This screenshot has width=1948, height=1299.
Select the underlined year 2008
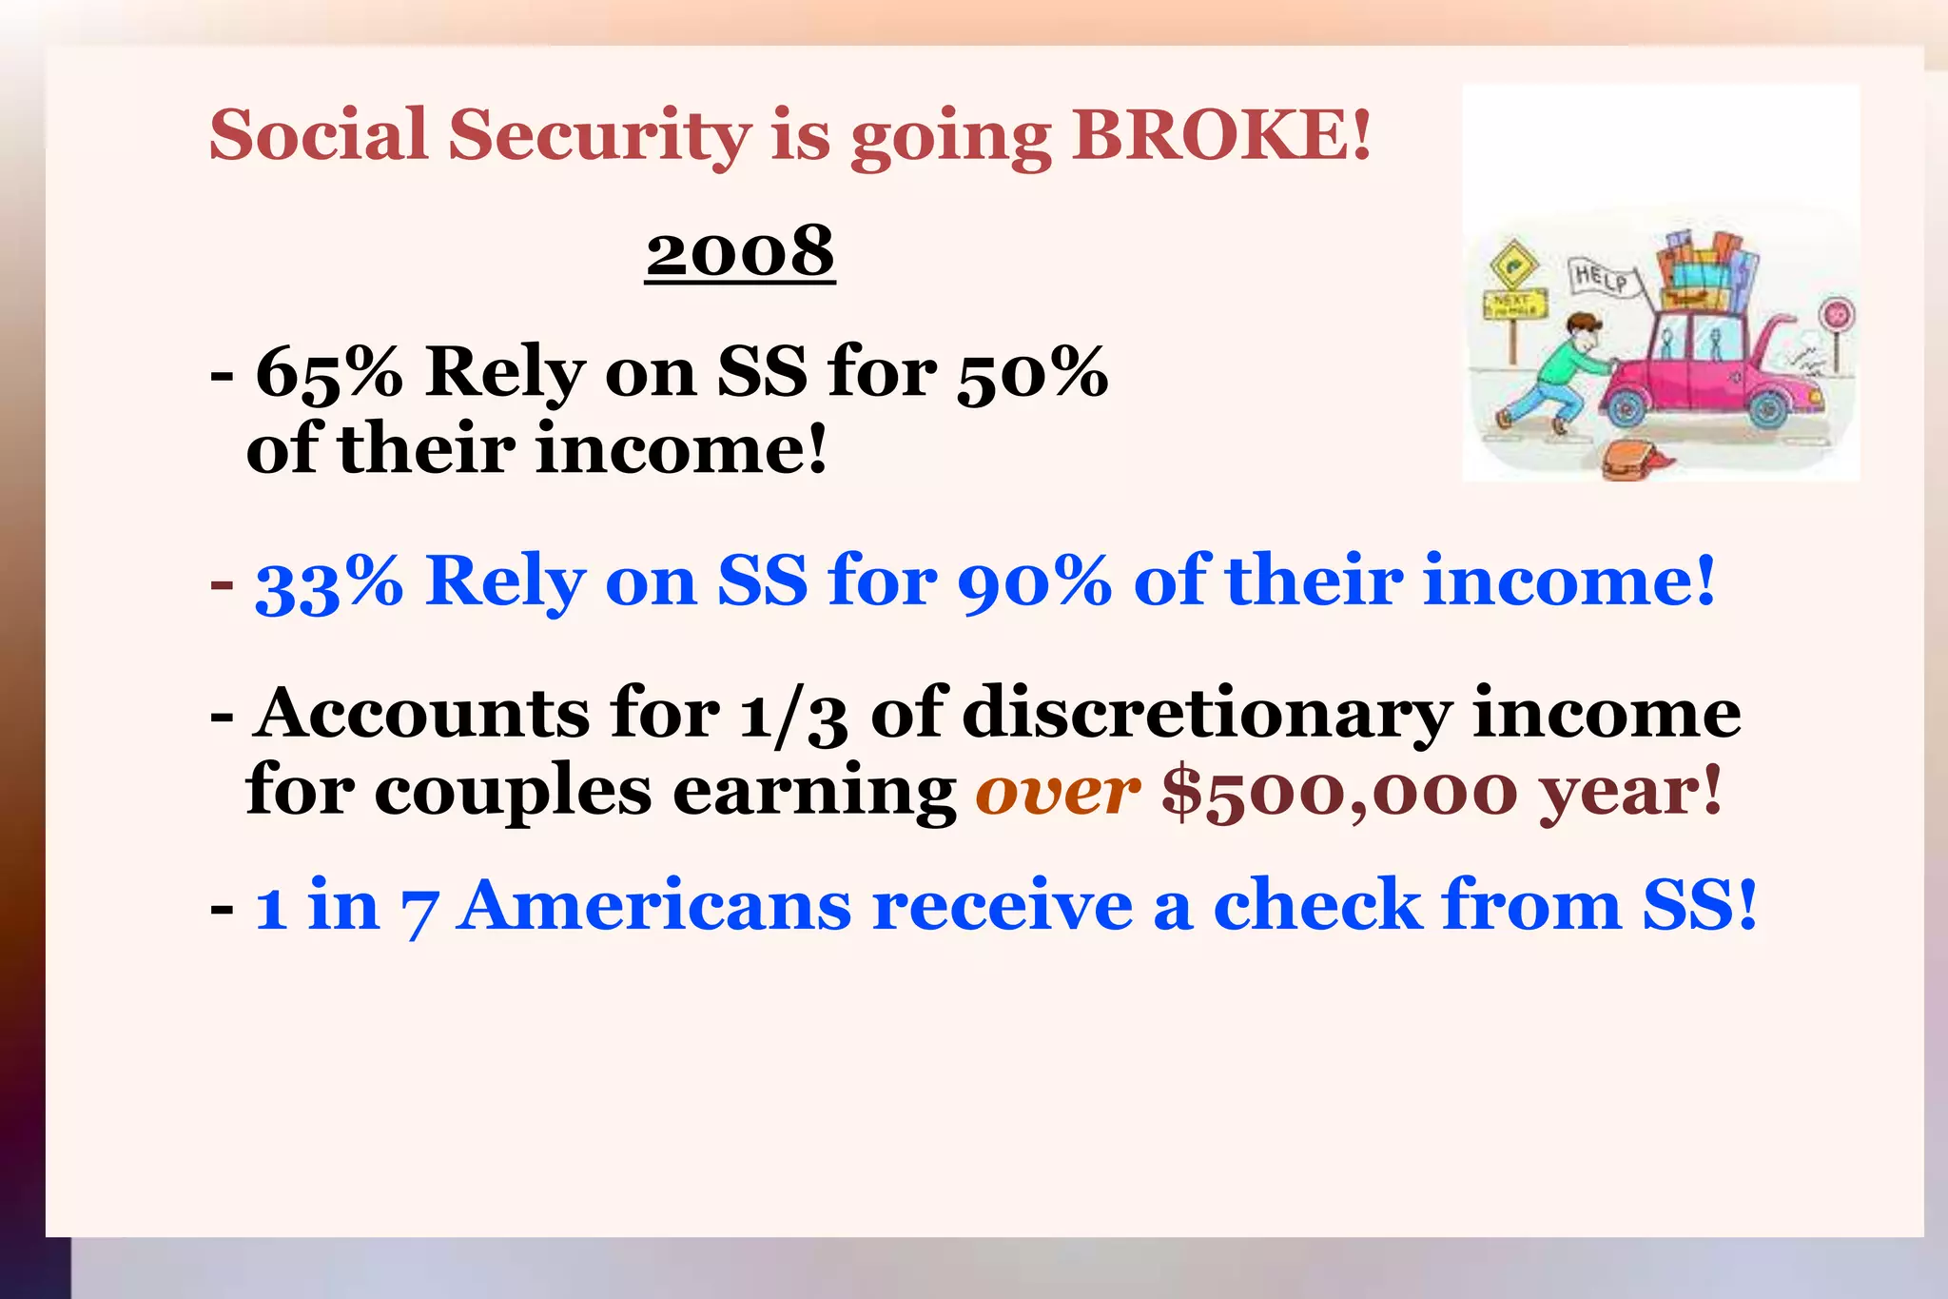coord(740,251)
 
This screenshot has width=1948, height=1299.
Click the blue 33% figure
coord(329,581)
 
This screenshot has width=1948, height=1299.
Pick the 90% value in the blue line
coord(1034,581)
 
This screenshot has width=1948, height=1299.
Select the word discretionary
coord(1207,714)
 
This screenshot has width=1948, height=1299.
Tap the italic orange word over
coord(1057,791)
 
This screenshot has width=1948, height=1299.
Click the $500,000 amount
coord(1339,793)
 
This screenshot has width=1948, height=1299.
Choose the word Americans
coord(653,905)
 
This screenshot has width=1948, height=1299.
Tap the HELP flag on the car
coord(1601,278)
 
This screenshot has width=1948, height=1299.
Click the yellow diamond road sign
coord(1512,265)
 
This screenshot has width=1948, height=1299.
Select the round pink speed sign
coord(1837,313)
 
